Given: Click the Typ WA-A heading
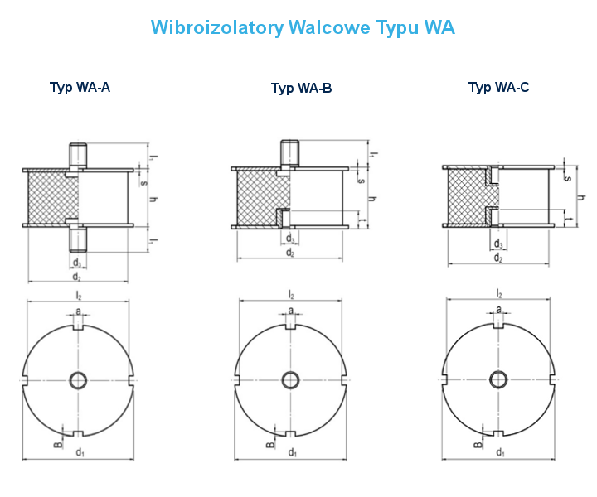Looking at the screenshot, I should click(x=80, y=87).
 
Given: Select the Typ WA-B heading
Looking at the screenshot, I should click(x=301, y=89).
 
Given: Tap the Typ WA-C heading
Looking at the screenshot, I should click(x=498, y=87).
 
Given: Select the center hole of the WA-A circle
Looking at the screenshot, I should click(x=79, y=380).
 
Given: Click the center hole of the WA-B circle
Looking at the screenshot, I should click(x=291, y=380).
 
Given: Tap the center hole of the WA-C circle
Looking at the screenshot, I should click(x=499, y=380).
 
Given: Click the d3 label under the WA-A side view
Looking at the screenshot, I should click(x=76, y=263).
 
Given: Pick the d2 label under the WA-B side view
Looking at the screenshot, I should click(x=290, y=253).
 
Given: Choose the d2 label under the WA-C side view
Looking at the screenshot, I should click(x=498, y=258).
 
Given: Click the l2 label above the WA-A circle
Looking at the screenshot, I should click(x=79, y=295).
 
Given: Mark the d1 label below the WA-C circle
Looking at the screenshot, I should click(x=500, y=451).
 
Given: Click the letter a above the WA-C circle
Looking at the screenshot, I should click(x=499, y=310).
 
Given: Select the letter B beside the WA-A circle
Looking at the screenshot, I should click(x=58, y=445).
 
